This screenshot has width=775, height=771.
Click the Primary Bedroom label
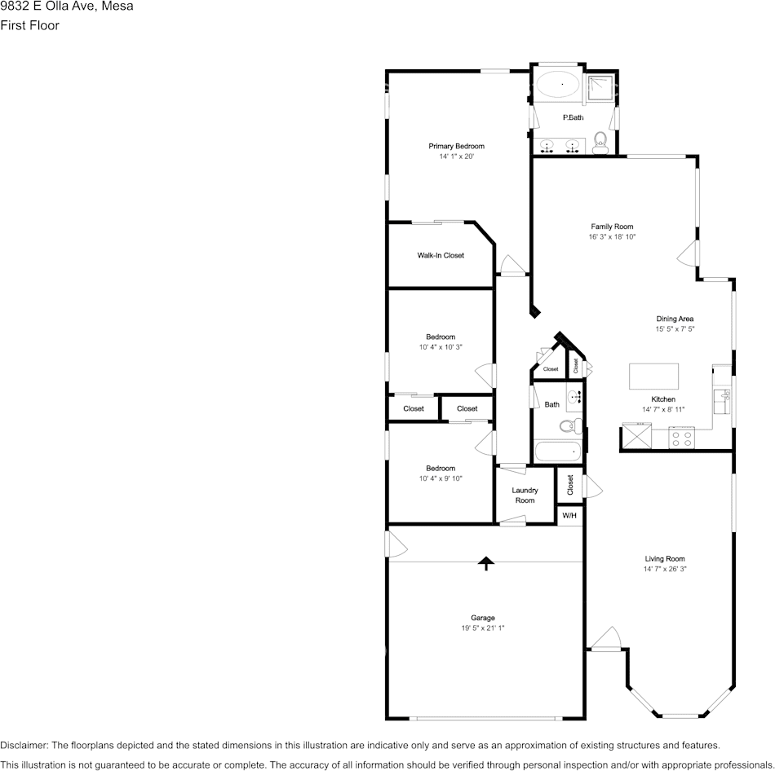pyautogui.click(x=456, y=146)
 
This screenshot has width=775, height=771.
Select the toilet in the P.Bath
pyautogui.click(x=600, y=143)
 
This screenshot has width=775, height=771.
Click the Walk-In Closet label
pyautogui.click(x=441, y=255)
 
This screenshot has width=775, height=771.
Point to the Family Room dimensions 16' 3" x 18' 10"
pyautogui.click(x=612, y=236)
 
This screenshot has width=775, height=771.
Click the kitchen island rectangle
pyautogui.click(x=653, y=377)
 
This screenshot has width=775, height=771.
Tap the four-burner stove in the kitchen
pyautogui.click(x=681, y=438)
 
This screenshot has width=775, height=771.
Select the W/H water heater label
pyautogui.click(x=569, y=516)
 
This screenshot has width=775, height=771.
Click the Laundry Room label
pyautogui.click(x=525, y=496)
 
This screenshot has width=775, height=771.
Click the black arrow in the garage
pyautogui.click(x=486, y=563)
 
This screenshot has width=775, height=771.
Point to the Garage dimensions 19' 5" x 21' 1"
pyautogui.click(x=482, y=628)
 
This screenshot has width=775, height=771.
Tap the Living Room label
pyautogui.click(x=665, y=558)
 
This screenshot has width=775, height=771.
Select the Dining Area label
pyautogui.click(x=675, y=319)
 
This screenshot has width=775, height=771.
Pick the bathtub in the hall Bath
pyautogui.click(x=557, y=452)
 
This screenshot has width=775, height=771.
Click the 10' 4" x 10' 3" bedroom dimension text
pyautogui.click(x=441, y=347)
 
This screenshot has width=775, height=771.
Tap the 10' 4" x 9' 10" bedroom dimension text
pyautogui.click(x=441, y=478)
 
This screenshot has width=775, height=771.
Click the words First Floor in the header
pyautogui.click(x=29, y=25)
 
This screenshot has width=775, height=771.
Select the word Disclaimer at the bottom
pyautogui.click(x=24, y=745)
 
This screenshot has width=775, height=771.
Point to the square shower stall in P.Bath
pyautogui.click(x=600, y=88)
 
